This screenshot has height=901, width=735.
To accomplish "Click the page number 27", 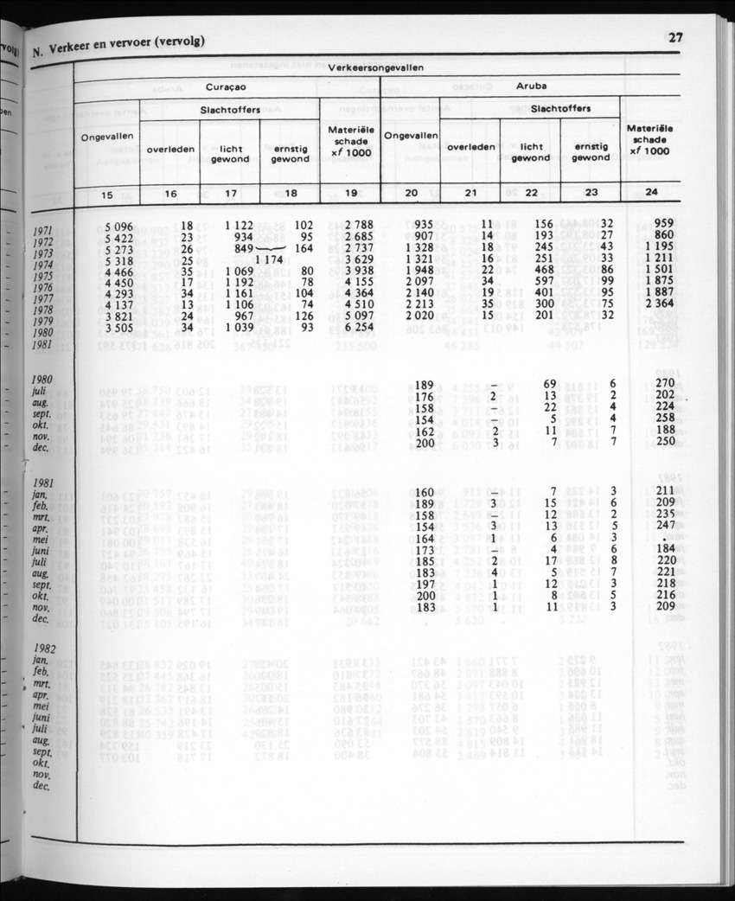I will (x=675, y=36).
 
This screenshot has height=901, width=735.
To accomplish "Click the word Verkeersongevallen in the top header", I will (x=376, y=67).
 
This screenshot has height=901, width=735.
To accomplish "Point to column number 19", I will (x=350, y=195).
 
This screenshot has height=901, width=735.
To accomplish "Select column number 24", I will (x=649, y=195).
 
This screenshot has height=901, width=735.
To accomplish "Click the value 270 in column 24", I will (x=661, y=382).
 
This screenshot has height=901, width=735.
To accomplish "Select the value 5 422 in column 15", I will (x=117, y=236).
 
